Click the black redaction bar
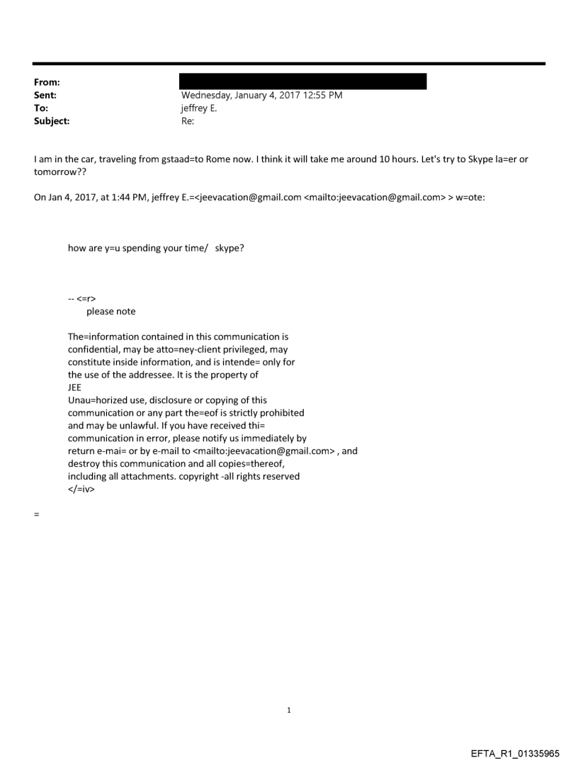tap(304, 81)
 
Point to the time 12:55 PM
tap(322, 96)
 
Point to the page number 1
tap(289, 710)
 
